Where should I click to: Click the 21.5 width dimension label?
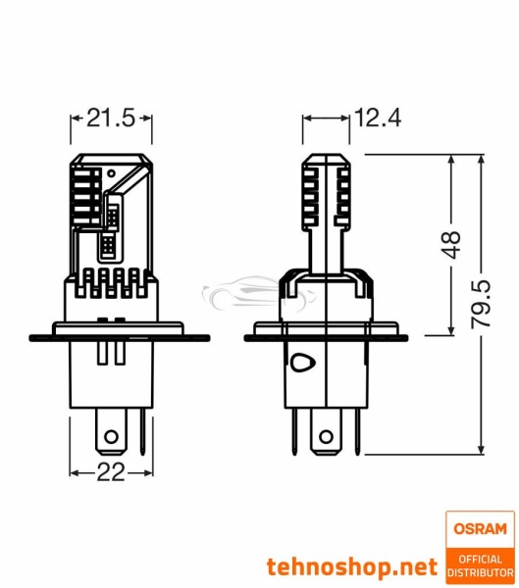tap(111, 119)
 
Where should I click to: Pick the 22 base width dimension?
tap(111, 472)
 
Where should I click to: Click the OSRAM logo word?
tap(479, 529)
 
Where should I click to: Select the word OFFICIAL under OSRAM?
tap(479, 558)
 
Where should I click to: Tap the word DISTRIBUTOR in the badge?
tap(479, 571)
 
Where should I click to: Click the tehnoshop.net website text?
tap(351, 566)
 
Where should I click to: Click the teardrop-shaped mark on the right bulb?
tap(301, 362)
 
